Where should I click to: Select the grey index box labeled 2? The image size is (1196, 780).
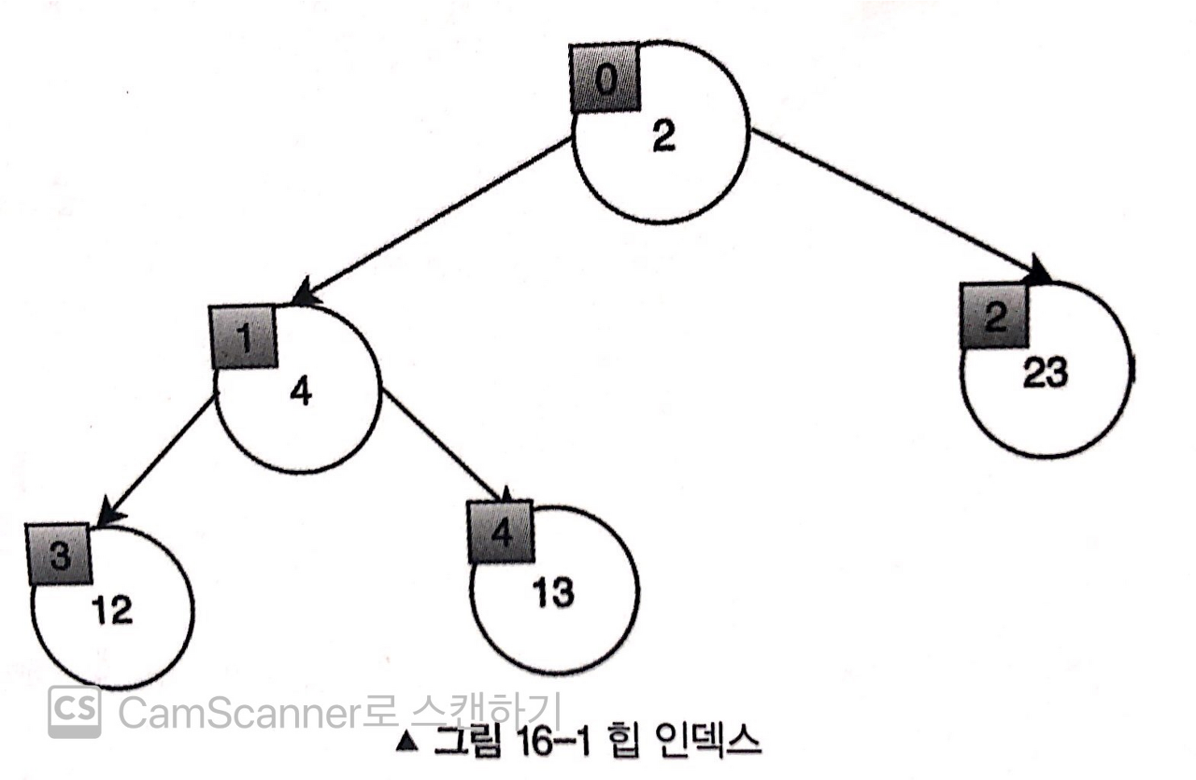tap(994, 319)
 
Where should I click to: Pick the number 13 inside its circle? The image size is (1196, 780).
tap(553, 592)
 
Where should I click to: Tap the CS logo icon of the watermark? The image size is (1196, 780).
tap(75, 712)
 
